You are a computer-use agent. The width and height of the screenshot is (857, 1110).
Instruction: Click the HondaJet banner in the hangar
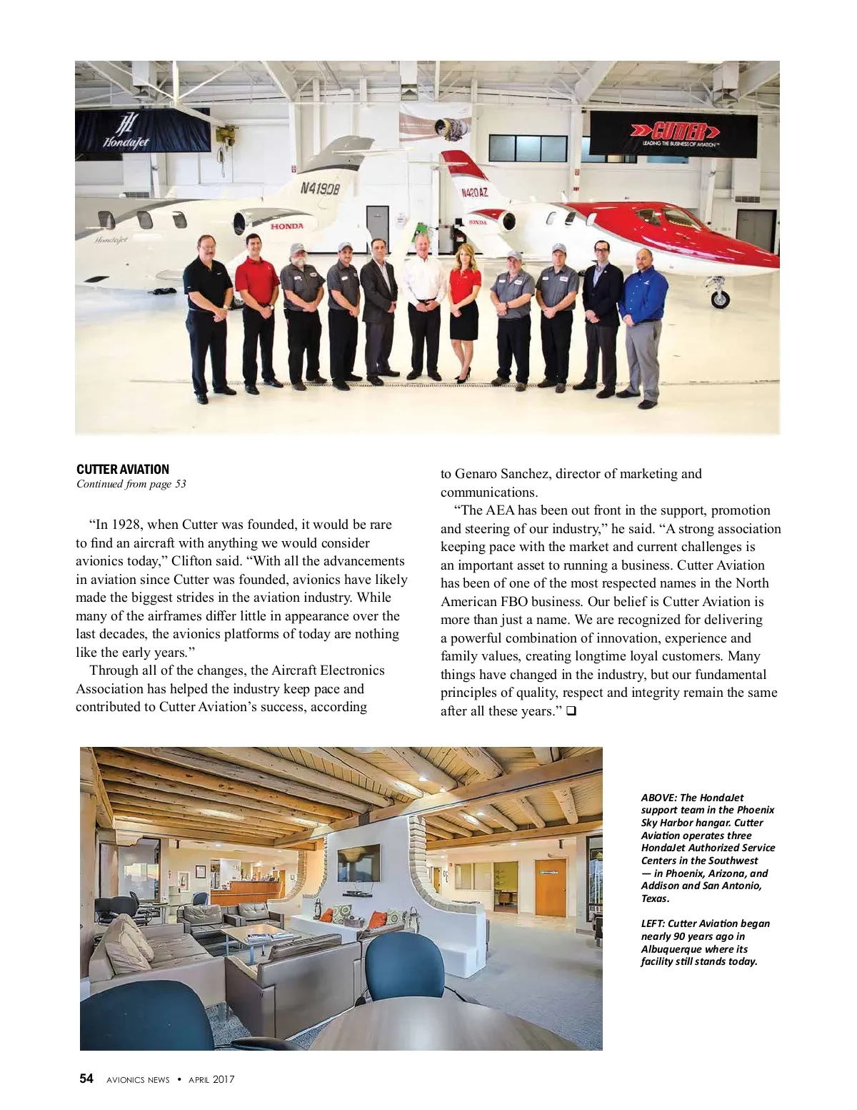[x=142, y=130]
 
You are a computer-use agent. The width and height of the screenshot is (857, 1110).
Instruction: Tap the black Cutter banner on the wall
[x=673, y=134]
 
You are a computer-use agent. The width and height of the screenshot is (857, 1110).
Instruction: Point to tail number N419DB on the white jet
[x=319, y=189]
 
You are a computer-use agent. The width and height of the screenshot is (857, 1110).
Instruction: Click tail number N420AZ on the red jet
[x=473, y=193]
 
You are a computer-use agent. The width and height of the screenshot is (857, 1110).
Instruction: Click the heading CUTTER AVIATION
[x=123, y=470]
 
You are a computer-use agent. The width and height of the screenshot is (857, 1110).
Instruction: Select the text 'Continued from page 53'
[x=131, y=484]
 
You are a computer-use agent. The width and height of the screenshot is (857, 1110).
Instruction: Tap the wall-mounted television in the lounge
[x=359, y=863]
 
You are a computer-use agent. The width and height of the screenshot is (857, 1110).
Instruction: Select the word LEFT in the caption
[x=652, y=923]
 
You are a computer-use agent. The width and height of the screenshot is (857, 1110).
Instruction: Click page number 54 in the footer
[x=86, y=1079]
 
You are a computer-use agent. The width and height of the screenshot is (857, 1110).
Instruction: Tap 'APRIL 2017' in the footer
[x=211, y=1079]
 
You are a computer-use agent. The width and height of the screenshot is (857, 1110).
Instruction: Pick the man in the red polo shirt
[x=257, y=311]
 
